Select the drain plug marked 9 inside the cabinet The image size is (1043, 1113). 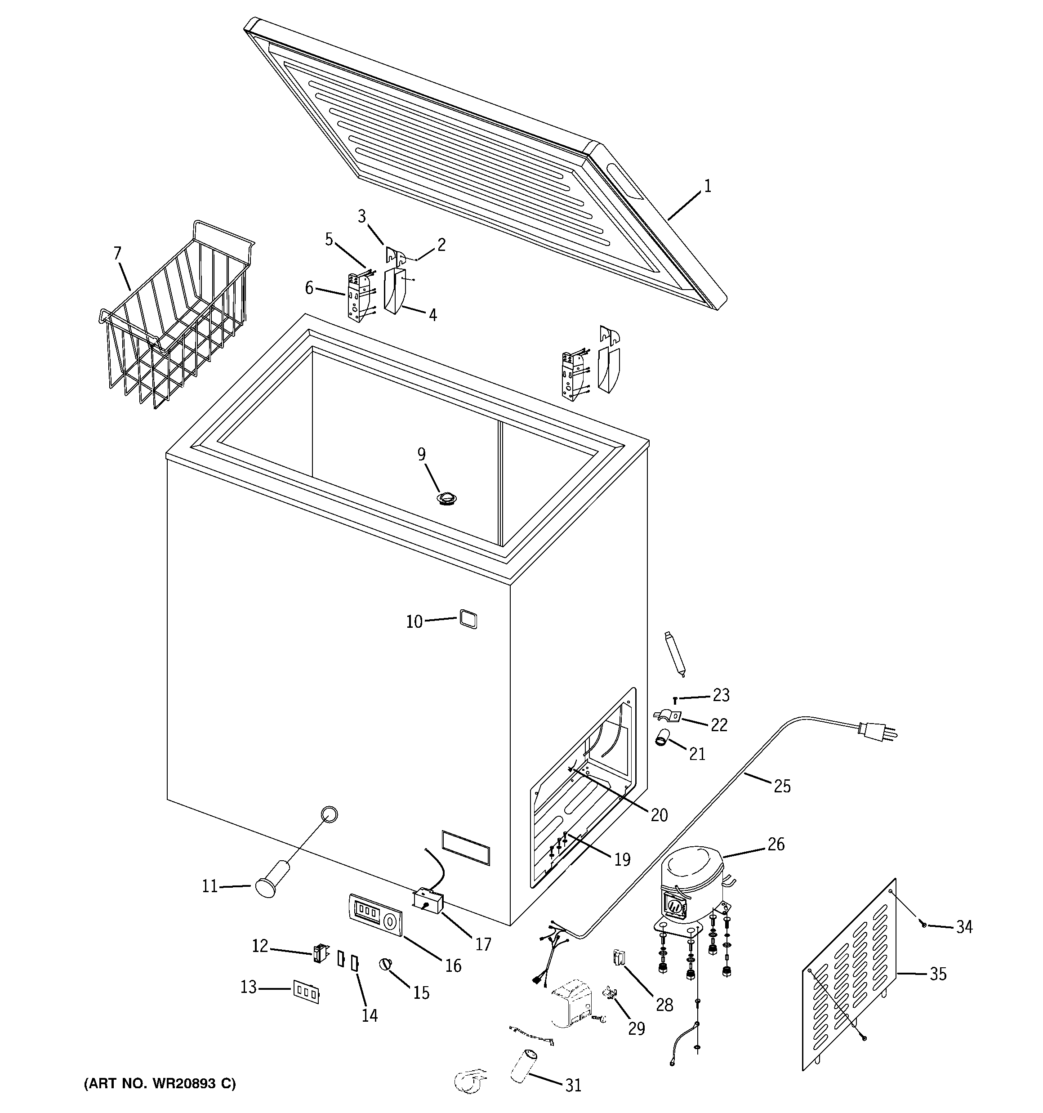coord(447,498)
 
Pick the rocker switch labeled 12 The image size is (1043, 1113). coord(320,952)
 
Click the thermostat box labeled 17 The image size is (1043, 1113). coord(428,902)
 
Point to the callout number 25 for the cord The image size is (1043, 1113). coord(782,786)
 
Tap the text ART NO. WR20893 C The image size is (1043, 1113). coord(160,1083)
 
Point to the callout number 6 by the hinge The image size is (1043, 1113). coord(309,288)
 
